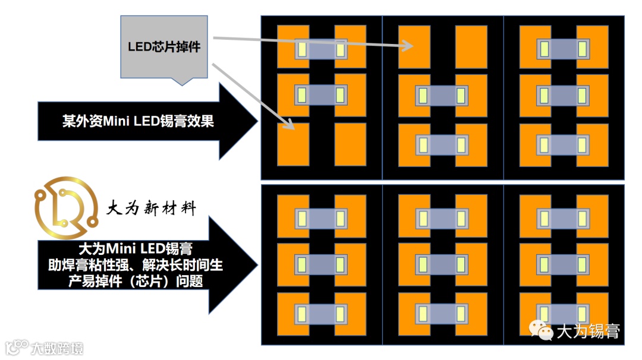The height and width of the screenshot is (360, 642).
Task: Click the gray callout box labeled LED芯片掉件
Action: pyautogui.click(x=164, y=47)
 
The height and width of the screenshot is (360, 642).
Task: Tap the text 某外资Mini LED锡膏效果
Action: pyautogui.click(x=138, y=122)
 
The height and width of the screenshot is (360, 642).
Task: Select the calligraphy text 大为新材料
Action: pyautogui.click(x=150, y=207)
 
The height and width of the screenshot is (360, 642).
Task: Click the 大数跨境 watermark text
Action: pyautogui.click(x=57, y=347)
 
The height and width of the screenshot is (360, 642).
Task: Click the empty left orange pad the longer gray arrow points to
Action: pyautogui.click(x=414, y=46)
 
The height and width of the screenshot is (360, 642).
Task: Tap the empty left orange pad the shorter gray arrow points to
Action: pyautogui.click(x=293, y=144)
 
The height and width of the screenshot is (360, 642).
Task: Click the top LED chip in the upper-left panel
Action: pyautogui.click(x=321, y=49)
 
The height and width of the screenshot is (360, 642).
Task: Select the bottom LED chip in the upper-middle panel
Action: pyautogui.click(x=442, y=145)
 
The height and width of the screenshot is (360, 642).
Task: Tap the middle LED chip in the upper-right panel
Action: pyautogui.click(x=562, y=95)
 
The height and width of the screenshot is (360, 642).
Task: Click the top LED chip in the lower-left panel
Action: pyautogui.click(x=321, y=219)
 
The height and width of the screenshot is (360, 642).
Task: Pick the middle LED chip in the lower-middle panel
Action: pyautogui.click(x=442, y=264)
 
